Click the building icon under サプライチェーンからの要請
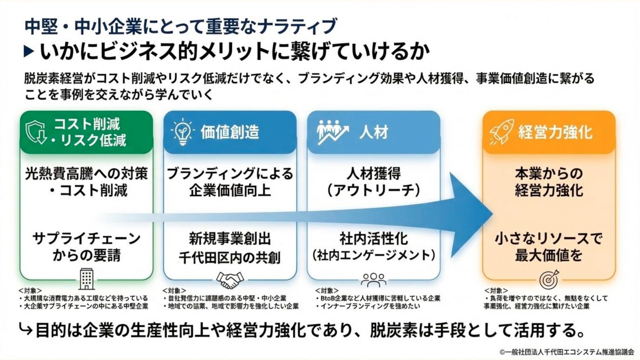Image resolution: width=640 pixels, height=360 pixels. (x=87, y=279)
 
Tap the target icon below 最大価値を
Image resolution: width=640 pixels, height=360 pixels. (x=548, y=280)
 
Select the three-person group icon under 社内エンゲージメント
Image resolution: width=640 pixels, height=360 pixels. (x=373, y=280)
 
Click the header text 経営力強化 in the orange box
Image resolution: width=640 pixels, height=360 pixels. (x=555, y=132)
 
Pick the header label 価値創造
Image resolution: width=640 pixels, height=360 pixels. (x=230, y=132)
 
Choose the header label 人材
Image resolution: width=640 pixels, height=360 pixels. (x=374, y=132)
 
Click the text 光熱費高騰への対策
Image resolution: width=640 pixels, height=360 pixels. (x=87, y=174)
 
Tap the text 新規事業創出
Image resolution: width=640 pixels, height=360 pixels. (x=230, y=238)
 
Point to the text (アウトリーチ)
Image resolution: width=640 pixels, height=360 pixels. (x=374, y=190)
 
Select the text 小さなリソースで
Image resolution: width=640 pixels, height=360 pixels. (x=548, y=238)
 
